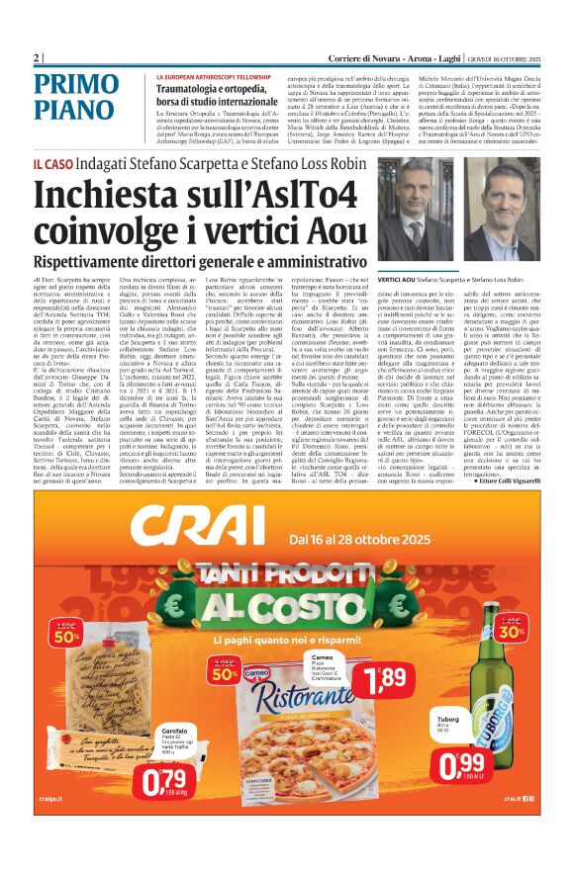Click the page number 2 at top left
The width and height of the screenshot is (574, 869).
pyautogui.click(x=37, y=57)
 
